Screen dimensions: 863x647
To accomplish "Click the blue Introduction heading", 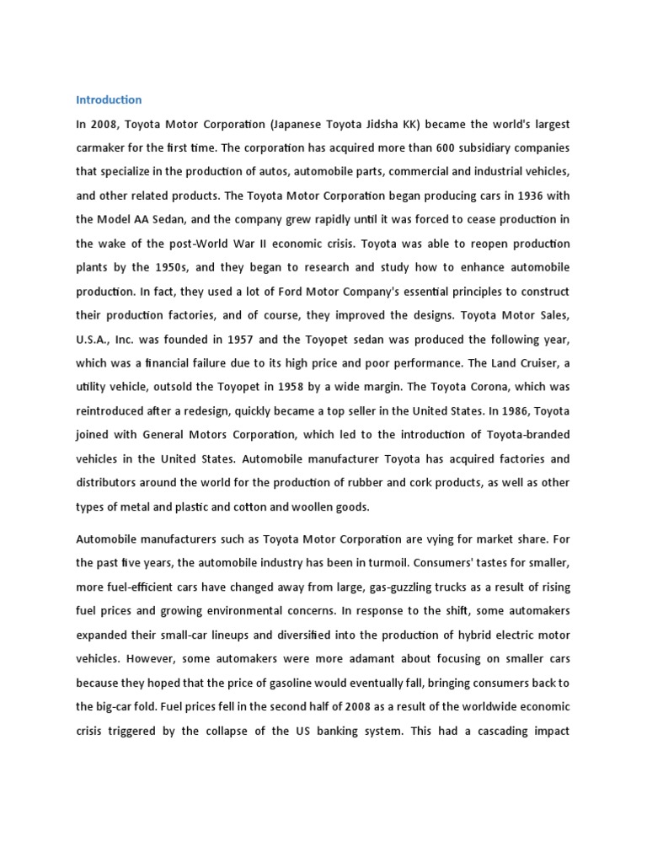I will [109, 99].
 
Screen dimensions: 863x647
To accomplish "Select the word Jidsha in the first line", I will [369, 124].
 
